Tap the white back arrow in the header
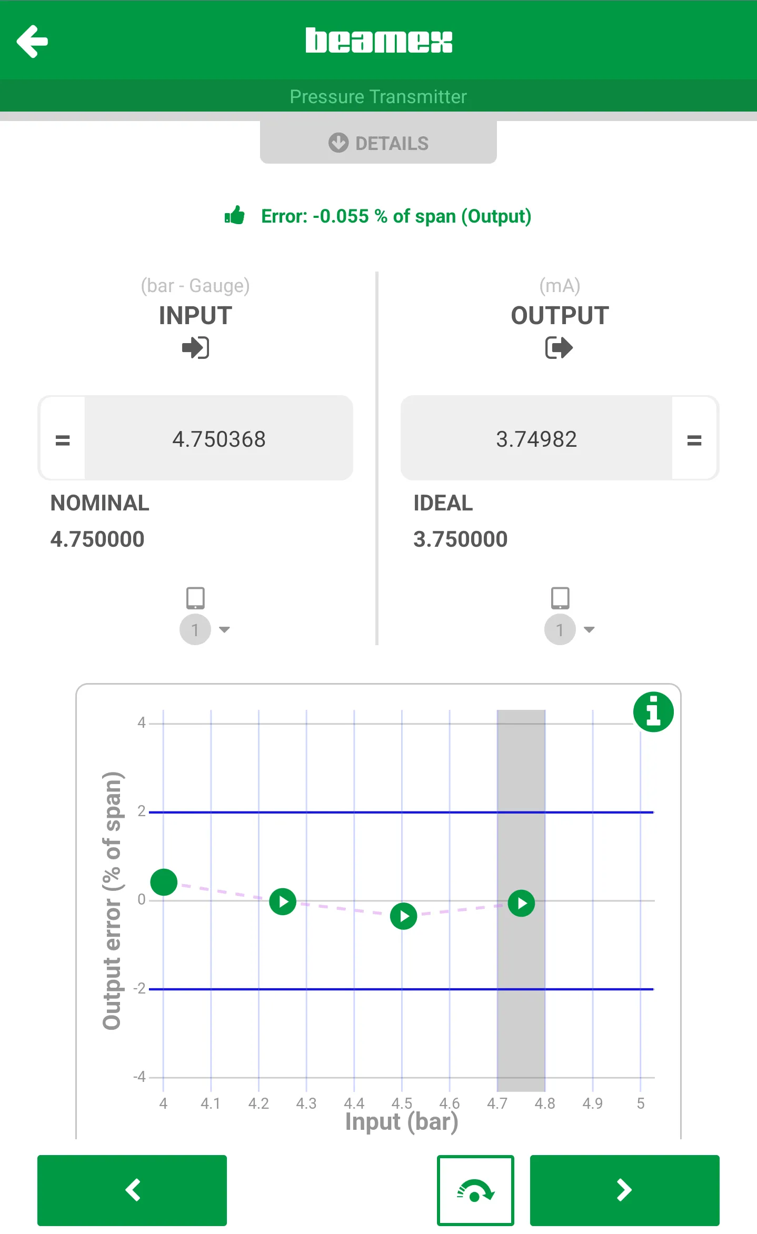pyautogui.click(x=33, y=41)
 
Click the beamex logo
pyautogui.click(x=379, y=41)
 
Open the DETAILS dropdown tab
pyautogui.click(x=379, y=143)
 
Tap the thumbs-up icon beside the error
pyautogui.click(x=235, y=215)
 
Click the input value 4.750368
pyautogui.click(x=219, y=439)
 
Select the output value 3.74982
pyautogui.click(x=536, y=439)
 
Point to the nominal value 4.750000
pyautogui.click(x=97, y=539)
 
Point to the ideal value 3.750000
pyautogui.click(x=460, y=539)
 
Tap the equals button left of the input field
pyautogui.click(x=63, y=439)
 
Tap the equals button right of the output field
pyautogui.click(x=694, y=439)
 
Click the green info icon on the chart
pyautogui.click(x=653, y=711)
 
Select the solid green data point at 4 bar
pyautogui.click(x=164, y=882)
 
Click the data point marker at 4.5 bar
pyautogui.click(x=404, y=916)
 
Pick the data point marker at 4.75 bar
pyautogui.click(x=522, y=904)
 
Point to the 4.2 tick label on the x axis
pyautogui.click(x=258, y=1103)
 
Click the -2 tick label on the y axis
pyautogui.click(x=140, y=988)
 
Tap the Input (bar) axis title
pyautogui.click(x=402, y=1121)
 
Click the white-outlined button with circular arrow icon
pyautogui.click(x=475, y=1190)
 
